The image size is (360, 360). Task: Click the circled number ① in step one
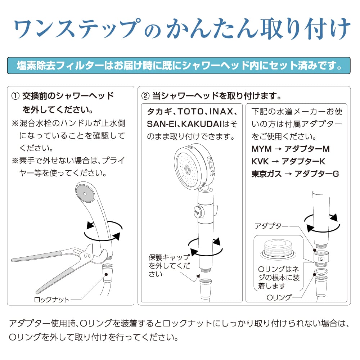[x=15, y=96]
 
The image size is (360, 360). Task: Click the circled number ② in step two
[x=145, y=96]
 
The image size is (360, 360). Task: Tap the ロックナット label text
[x=51, y=300]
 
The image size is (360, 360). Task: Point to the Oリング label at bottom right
[x=279, y=297]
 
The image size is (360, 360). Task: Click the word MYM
[x=261, y=149]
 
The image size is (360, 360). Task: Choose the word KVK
[x=260, y=161]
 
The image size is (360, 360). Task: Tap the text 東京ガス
[x=266, y=174]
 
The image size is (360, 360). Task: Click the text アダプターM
[x=307, y=149]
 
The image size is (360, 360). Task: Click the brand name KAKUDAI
[x=201, y=124]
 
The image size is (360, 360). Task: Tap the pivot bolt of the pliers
[x=87, y=256]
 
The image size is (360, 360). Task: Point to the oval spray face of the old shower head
[x=85, y=193]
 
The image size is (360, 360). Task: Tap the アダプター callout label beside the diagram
[x=271, y=226]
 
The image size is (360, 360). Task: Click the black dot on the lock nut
[x=106, y=274]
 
